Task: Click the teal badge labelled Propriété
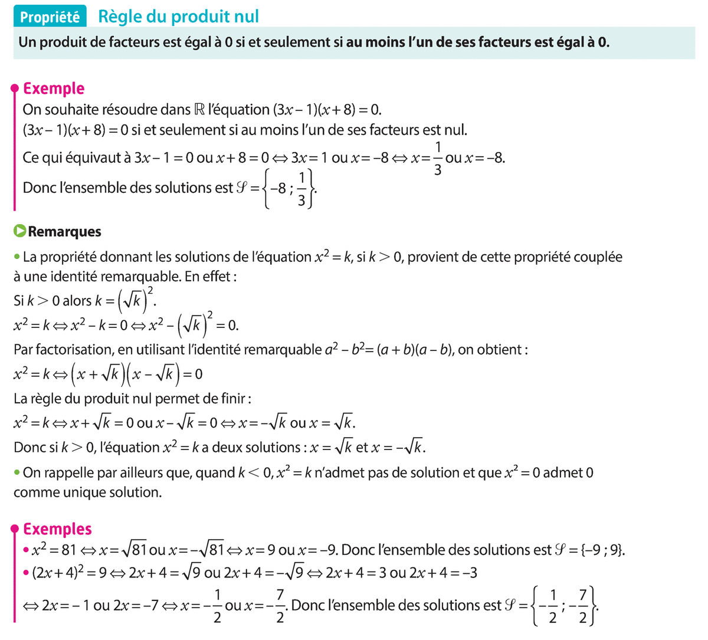click(50, 17)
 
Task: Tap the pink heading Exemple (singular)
click(54, 88)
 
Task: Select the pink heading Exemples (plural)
click(57, 529)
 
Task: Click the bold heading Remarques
click(64, 232)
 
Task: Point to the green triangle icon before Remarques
click(20, 231)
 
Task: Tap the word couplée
click(595, 257)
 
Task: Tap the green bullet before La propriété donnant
click(17, 257)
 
